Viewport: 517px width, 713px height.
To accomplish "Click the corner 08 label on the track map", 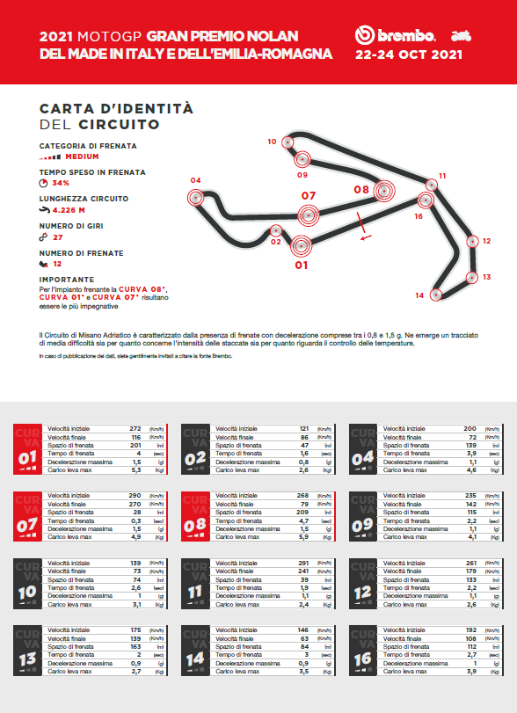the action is [x=361, y=189].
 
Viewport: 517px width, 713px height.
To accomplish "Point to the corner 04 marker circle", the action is [x=194, y=197].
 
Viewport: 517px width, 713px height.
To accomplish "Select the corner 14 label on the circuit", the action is [x=419, y=295].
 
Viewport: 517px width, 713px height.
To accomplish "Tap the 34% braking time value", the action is [x=61, y=183].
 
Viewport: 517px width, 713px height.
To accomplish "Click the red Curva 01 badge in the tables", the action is [x=25, y=449].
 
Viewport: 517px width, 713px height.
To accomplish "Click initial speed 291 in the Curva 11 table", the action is [x=304, y=562].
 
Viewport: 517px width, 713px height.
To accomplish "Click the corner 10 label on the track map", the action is [x=273, y=142].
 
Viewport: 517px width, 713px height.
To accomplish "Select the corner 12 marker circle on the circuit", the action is [x=474, y=241].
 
